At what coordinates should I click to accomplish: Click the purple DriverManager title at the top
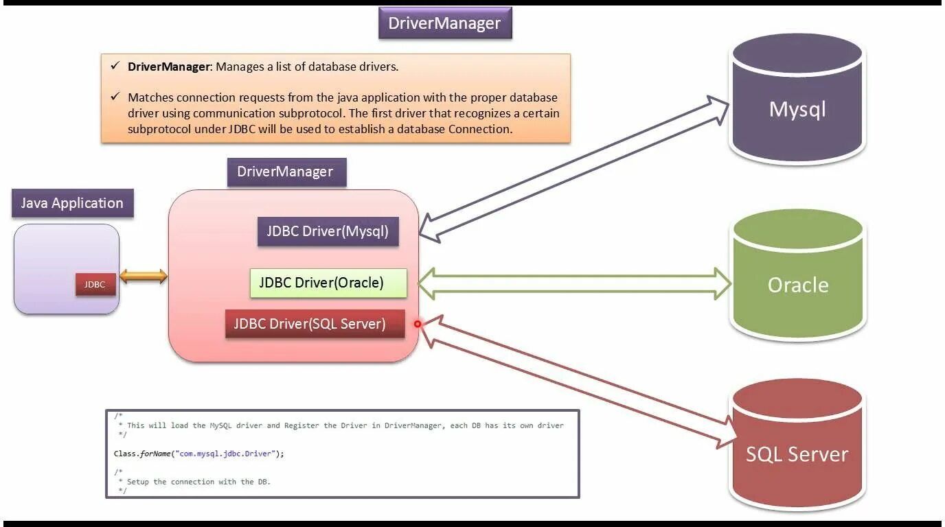tap(444, 23)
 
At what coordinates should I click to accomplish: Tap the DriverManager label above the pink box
tap(286, 172)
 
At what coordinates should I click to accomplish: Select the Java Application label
tap(72, 203)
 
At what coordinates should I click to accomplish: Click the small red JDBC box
tap(95, 285)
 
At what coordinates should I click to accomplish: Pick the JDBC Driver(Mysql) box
tap(328, 231)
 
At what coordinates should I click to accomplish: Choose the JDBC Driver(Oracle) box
tap(328, 283)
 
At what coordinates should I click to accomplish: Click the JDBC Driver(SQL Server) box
tap(315, 324)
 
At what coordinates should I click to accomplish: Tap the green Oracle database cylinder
tap(797, 278)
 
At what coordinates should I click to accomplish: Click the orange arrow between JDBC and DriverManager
tap(143, 277)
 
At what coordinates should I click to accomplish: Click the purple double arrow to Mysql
tap(574, 168)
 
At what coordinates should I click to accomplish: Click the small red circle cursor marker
tap(417, 324)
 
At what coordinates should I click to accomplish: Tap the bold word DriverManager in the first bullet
tap(168, 67)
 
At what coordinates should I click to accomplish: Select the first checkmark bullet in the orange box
tap(114, 66)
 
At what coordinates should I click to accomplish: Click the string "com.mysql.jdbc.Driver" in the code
tap(227, 454)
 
